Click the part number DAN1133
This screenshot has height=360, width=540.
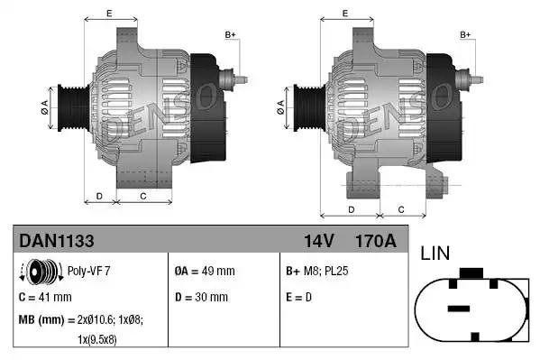pyautogui.click(x=56, y=241)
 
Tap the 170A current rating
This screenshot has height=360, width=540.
pyautogui.click(x=376, y=241)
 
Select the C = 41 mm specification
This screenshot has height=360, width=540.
pyautogui.click(x=45, y=297)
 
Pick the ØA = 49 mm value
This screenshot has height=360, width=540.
pyautogui.click(x=204, y=271)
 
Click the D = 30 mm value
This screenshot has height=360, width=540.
pyautogui.click(x=200, y=297)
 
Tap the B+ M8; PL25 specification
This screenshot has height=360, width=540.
pyautogui.click(x=316, y=271)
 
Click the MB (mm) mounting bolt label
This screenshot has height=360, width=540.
pyautogui.click(x=39, y=320)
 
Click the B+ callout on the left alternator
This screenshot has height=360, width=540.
pyautogui.click(x=230, y=35)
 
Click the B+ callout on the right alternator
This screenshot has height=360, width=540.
pyautogui.click(x=465, y=35)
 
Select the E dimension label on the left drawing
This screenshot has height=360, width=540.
pyautogui.click(x=109, y=14)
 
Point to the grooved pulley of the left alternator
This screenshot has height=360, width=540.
pyautogui.click(x=66, y=106)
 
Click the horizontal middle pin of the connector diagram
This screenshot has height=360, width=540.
pyautogui.click(x=460, y=309)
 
